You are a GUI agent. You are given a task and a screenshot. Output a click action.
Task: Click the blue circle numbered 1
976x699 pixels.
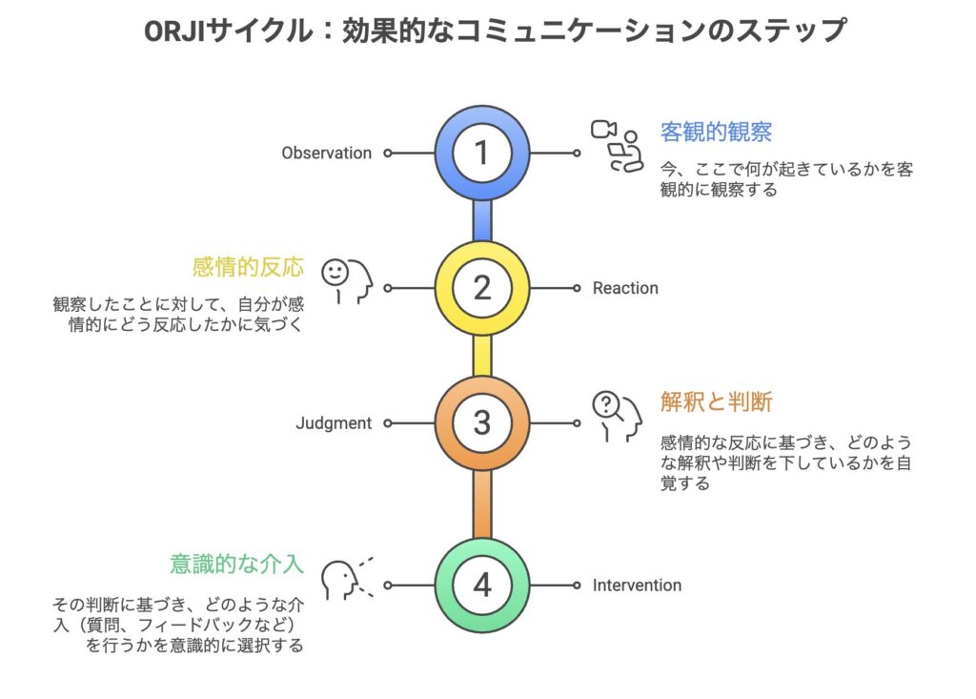[x=482, y=153]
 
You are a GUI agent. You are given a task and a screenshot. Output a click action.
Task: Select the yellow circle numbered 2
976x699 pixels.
[x=482, y=288]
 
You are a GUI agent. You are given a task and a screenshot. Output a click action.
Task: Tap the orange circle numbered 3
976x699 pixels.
[x=482, y=423]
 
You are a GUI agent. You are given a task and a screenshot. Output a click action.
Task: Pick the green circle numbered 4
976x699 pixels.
[x=482, y=585]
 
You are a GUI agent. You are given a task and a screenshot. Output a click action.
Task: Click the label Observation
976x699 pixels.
[x=327, y=153]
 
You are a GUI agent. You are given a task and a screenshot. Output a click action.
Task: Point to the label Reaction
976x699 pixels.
[x=625, y=288]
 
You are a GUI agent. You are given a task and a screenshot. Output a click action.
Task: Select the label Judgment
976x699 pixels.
[x=334, y=423]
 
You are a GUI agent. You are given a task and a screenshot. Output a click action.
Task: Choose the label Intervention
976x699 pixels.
[x=637, y=585]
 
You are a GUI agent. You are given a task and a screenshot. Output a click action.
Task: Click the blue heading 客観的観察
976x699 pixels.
[x=717, y=132]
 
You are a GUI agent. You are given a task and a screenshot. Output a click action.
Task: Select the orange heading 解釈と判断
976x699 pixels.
[x=717, y=402]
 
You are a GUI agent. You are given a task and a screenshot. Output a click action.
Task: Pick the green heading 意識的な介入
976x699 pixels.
[x=236, y=564]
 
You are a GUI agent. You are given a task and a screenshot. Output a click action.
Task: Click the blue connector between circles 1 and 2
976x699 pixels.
[x=482, y=220]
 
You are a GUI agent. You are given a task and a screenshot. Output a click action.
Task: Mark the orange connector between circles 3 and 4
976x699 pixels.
[x=482, y=504]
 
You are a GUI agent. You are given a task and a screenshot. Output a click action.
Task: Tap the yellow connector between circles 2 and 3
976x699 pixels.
[x=482, y=356]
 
